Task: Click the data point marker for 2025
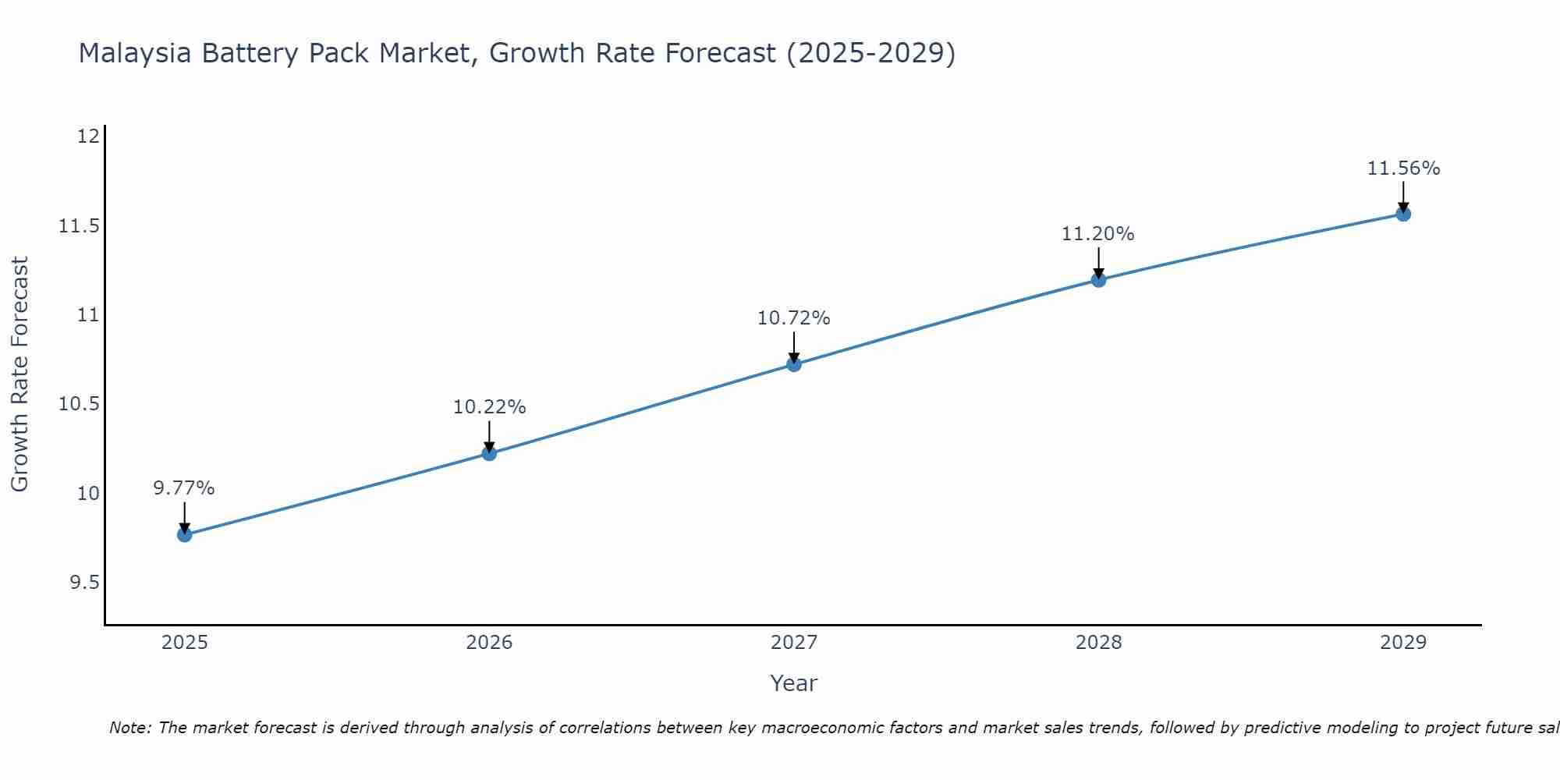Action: [185, 534]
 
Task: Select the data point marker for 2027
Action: [794, 364]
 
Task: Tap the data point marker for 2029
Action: [1403, 214]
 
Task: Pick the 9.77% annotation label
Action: [184, 488]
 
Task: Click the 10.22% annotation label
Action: [489, 407]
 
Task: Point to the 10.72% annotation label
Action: [794, 318]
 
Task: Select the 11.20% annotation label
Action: [1098, 234]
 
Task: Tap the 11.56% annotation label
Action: [1403, 168]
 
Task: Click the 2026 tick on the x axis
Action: [489, 643]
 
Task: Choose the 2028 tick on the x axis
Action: [1098, 643]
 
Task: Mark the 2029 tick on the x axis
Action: [1403, 643]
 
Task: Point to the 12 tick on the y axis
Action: [89, 136]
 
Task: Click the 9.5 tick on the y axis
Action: [84, 583]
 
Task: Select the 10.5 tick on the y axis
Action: [80, 404]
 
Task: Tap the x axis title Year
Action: [794, 683]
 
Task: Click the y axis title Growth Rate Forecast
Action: [19, 374]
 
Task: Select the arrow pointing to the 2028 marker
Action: [1098, 263]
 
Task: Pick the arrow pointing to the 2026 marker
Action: [489, 436]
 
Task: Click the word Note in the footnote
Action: [128, 728]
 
